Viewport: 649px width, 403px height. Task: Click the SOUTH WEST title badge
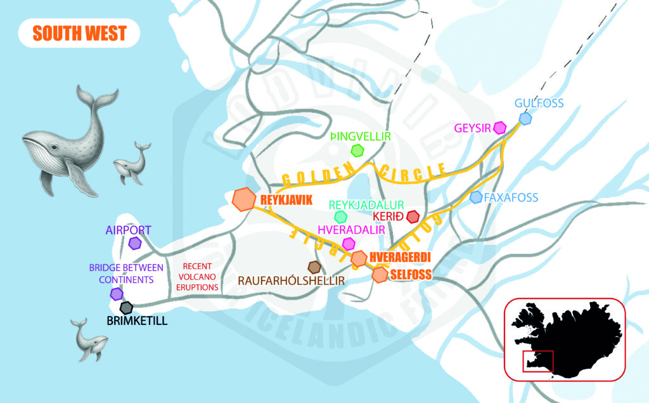click(x=79, y=33)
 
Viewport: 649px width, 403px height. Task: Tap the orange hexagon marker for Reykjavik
click(x=243, y=199)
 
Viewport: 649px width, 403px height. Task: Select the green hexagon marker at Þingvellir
click(x=358, y=150)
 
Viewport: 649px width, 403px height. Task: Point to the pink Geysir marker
click(x=500, y=128)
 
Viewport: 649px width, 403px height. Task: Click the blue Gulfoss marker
click(x=525, y=118)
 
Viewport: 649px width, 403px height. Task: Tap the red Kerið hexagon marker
click(x=413, y=217)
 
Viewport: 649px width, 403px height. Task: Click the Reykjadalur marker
click(x=341, y=217)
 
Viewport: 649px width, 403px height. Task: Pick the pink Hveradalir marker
click(x=348, y=243)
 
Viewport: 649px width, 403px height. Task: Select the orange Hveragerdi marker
click(x=359, y=258)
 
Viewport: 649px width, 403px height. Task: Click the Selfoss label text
click(x=411, y=275)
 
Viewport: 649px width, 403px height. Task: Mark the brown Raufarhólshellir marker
click(x=314, y=267)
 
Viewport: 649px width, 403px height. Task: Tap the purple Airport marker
click(x=135, y=242)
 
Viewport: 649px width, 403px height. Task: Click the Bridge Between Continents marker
click(x=117, y=294)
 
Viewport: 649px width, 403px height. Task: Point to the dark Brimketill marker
click(x=127, y=308)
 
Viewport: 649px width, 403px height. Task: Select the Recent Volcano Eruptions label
click(x=197, y=277)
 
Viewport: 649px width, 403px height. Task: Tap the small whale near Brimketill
click(x=88, y=339)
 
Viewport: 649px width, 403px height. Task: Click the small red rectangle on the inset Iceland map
click(x=537, y=362)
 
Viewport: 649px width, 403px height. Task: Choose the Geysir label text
click(x=473, y=128)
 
